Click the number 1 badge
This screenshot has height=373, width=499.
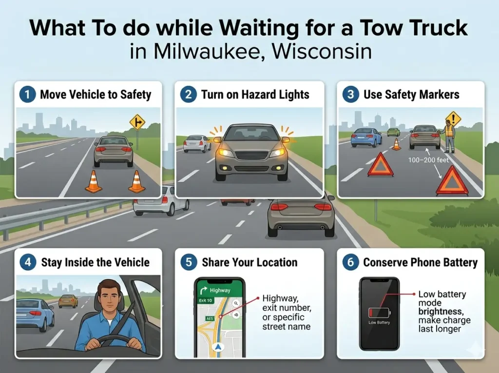[x=27, y=94]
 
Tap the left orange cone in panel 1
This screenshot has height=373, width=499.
[x=93, y=181]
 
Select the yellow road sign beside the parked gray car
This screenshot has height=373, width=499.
[x=137, y=122]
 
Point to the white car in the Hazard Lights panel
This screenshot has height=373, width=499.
[x=197, y=143]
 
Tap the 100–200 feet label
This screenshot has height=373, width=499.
[x=428, y=160]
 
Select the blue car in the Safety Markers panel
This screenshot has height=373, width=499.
[x=366, y=137]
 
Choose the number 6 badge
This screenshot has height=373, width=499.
[x=350, y=262]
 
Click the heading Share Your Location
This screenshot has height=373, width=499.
[x=249, y=262]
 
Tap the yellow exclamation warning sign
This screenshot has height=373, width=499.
[x=453, y=118]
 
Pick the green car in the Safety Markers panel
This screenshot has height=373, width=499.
[x=393, y=132]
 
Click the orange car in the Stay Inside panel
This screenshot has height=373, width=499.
[x=68, y=301]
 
